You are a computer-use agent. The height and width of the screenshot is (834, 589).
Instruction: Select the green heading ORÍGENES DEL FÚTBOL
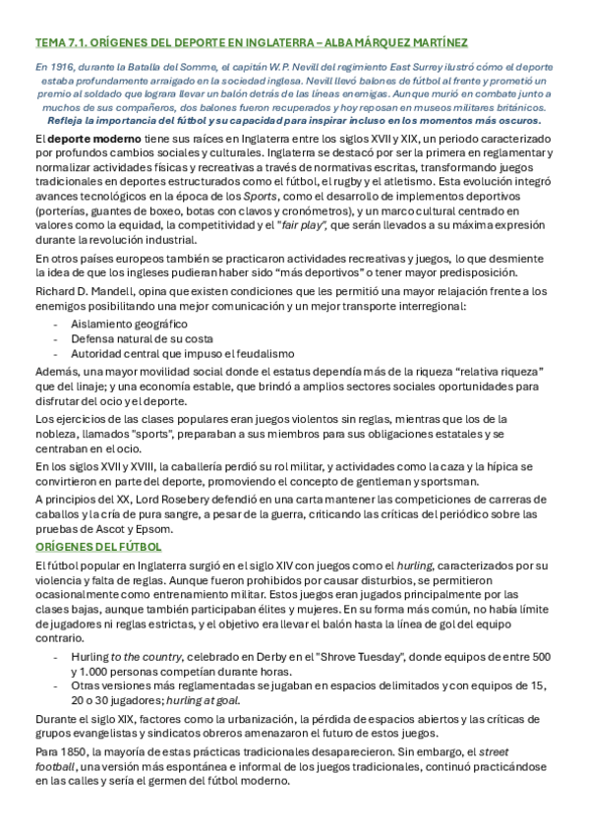tap(98, 545)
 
